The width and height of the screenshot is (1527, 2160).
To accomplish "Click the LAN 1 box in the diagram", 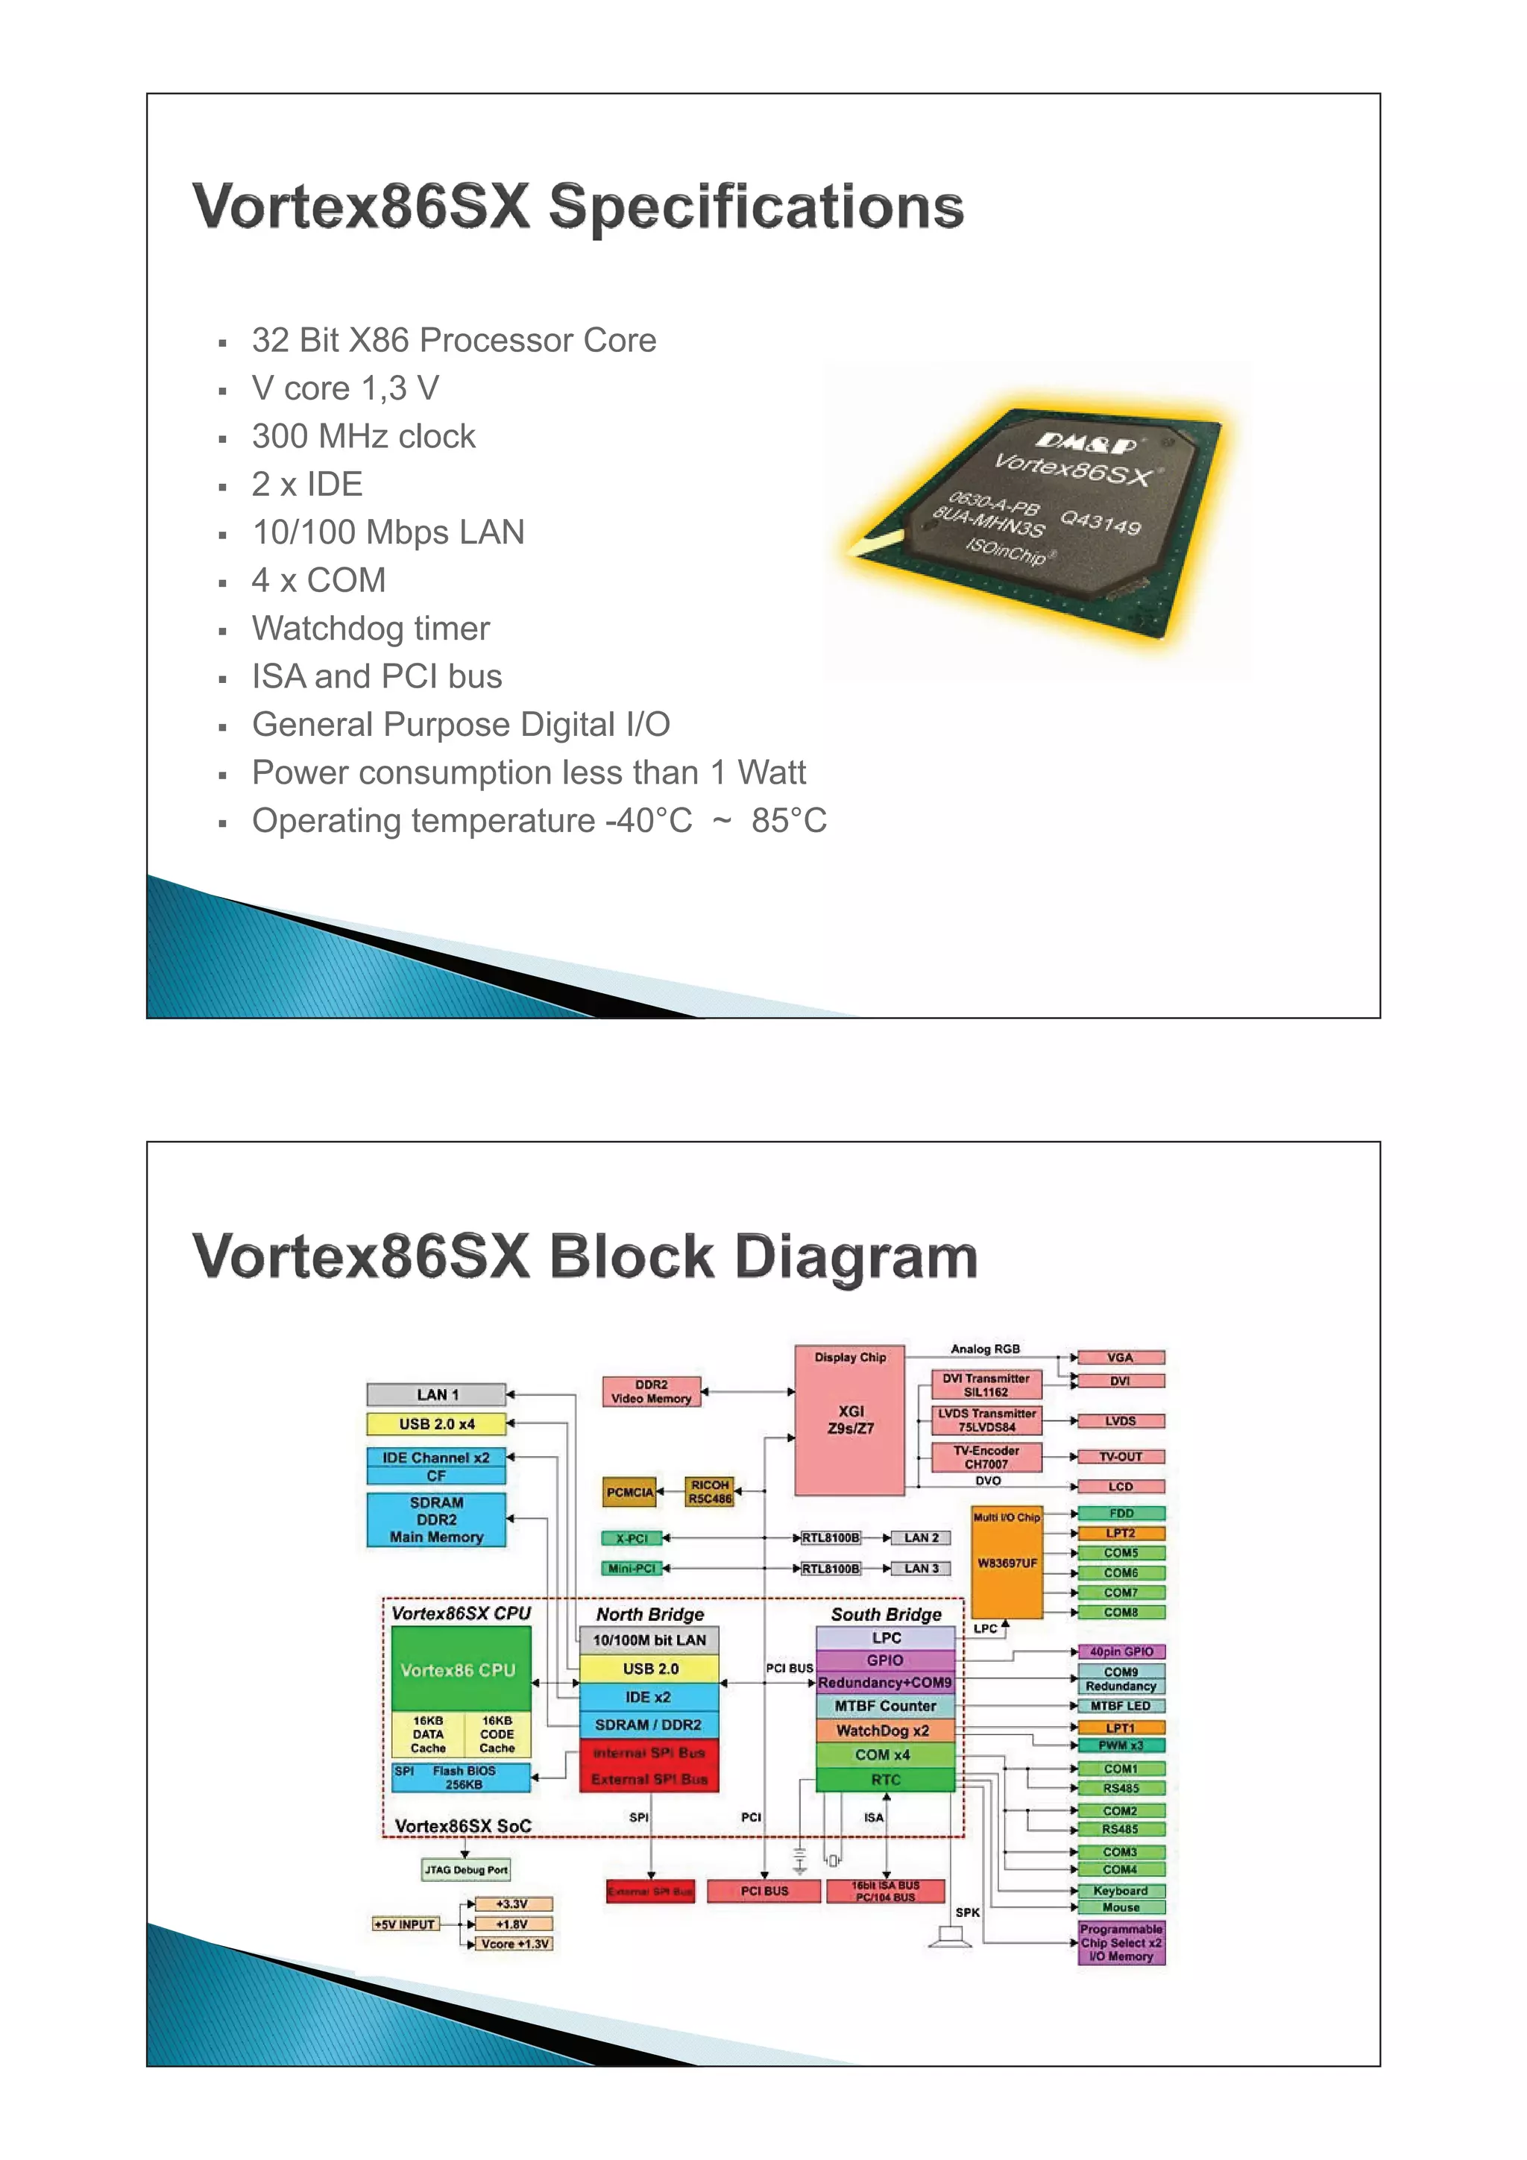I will click(435, 1394).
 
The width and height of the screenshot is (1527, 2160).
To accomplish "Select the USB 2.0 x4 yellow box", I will click(435, 1423).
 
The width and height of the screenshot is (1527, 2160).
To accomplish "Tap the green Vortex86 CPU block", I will click(460, 1669).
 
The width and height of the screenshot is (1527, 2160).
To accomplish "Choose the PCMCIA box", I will click(629, 1492).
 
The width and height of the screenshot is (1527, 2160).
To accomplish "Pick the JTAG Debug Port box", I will click(466, 1869).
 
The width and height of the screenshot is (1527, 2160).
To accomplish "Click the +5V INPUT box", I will click(406, 1924).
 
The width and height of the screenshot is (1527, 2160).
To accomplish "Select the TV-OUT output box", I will click(1121, 1456).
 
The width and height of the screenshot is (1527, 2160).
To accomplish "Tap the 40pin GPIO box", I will click(1121, 1651).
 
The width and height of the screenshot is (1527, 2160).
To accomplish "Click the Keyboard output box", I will click(1121, 1890).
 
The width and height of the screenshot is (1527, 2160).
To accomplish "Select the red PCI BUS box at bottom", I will click(764, 1891).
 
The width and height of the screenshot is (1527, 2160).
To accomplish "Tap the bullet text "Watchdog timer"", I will click(371, 629).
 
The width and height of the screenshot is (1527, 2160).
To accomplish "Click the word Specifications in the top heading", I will click(757, 207).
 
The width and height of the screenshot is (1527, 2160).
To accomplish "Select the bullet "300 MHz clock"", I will click(363, 436).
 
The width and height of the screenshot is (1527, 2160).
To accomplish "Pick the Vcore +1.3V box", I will click(514, 1944).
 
